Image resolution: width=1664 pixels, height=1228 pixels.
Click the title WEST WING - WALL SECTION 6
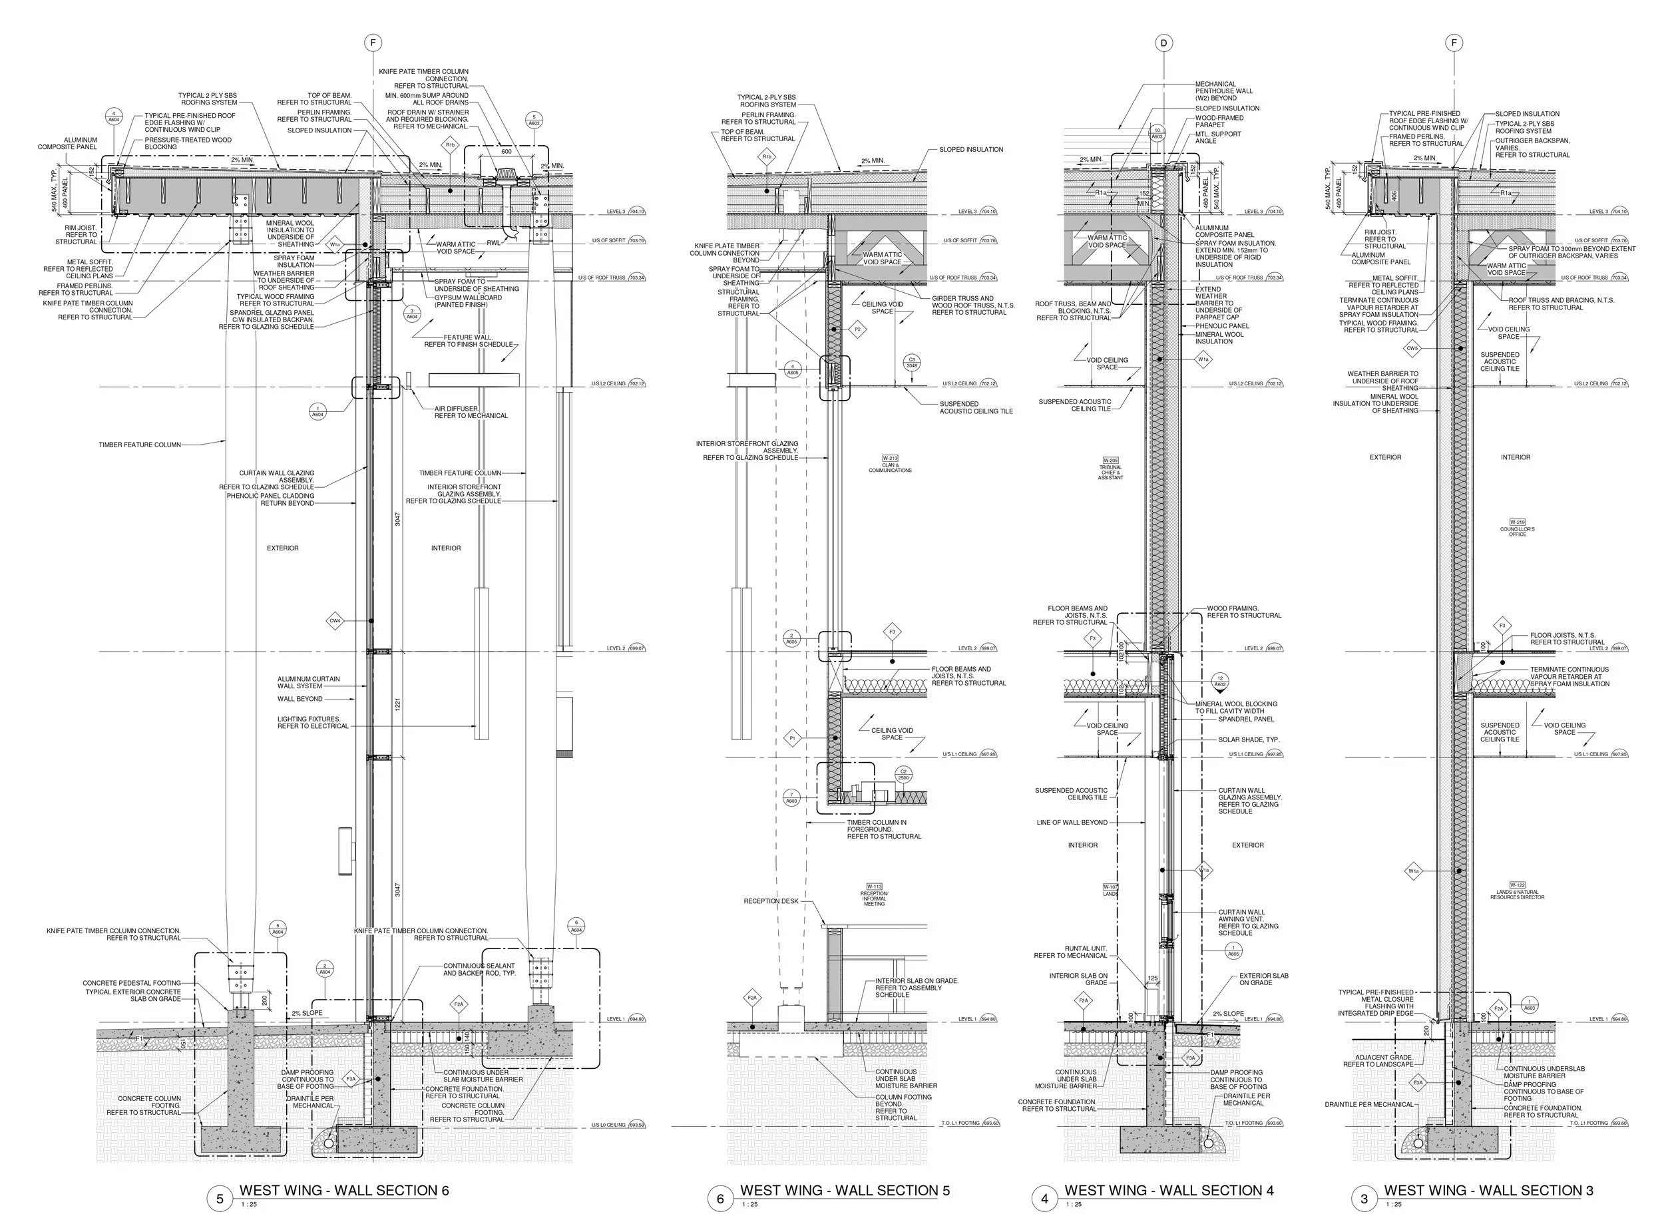pyautogui.click(x=343, y=1190)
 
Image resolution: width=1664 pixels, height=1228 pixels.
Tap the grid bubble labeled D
pyautogui.click(x=1164, y=43)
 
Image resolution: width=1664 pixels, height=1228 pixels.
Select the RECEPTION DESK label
pyautogui.click(x=771, y=901)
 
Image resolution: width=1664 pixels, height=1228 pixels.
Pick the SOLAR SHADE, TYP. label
pyautogui.click(x=1249, y=739)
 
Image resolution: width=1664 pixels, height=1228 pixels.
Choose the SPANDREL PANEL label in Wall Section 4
pyautogui.click(x=1245, y=719)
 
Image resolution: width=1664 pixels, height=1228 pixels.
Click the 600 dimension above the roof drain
pyautogui.click(x=506, y=152)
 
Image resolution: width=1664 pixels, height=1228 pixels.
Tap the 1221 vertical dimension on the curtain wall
pyautogui.click(x=397, y=704)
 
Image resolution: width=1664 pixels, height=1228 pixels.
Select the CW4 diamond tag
pyautogui.click(x=335, y=621)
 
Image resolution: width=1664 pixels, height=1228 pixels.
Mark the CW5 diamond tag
pyautogui.click(x=1412, y=348)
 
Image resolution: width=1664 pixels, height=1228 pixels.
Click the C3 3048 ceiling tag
pyautogui.click(x=912, y=363)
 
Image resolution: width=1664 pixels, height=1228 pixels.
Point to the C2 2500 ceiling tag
pyautogui.click(x=903, y=775)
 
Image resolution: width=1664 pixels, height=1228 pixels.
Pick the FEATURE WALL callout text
pyautogui.click(x=468, y=341)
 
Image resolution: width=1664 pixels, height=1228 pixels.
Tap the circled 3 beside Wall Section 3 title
pyautogui.click(x=1364, y=1198)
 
